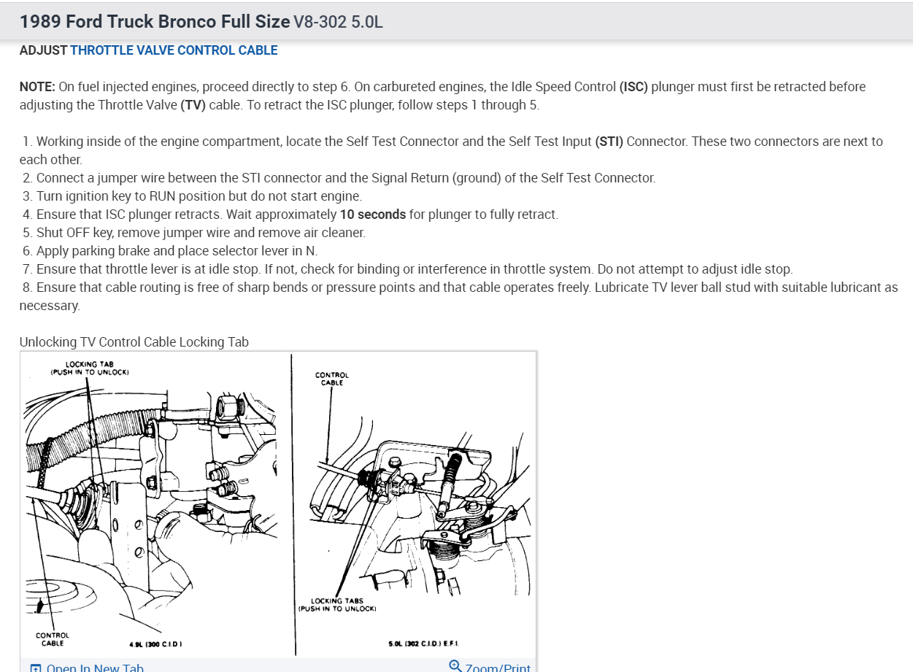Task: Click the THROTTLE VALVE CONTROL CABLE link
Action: tap(174, 50)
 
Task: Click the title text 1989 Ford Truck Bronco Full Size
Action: tap(155, 21)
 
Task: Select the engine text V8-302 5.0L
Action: tap(338, 22)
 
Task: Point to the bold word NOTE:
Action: tap(37, 87)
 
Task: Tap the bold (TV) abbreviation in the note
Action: tap(191, 104)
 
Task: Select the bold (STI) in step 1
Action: tap(609, 142)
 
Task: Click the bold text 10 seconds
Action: tap(373, 215)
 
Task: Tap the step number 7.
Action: tap(28, 269)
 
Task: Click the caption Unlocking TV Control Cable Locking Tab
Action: tap(134, 341)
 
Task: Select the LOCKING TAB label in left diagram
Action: tap(90, 368)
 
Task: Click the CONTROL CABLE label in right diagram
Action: tap(332, 379)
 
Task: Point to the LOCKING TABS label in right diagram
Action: tap(336, 605)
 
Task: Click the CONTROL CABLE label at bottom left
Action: tap(53, 639)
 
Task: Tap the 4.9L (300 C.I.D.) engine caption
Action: tap(155, 644)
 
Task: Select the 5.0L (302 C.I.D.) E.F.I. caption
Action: tap(424, 644)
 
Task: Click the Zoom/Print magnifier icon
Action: tap(455, 665)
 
